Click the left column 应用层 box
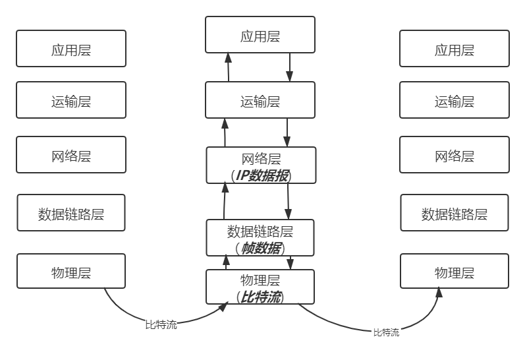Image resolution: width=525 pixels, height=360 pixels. tap(71, 48)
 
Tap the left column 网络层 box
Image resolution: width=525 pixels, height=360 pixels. tap(71, 156)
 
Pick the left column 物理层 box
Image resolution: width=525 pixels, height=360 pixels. tap(71, 272)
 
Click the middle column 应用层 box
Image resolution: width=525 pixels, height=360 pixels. tap(260, 35)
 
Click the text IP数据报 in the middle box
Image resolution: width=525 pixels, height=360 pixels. tap(262, 176)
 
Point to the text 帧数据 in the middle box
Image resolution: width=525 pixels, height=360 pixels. tap(262, 248)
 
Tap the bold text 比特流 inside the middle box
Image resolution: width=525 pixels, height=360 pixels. tap(262, 297)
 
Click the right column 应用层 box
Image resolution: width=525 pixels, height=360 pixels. tap(455, 49)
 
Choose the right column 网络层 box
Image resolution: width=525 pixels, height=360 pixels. tap(455, 156)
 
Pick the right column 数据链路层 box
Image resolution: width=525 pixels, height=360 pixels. tap(455, 214)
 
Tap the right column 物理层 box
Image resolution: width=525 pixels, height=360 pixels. tap(455, 272)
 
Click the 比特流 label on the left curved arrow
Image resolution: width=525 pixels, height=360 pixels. tap(161, 324)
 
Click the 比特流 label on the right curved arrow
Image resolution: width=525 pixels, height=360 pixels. tap(386, 332)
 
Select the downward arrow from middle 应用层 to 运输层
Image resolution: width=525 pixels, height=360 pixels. tap(289, 68)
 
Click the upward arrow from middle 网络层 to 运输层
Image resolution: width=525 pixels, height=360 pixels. tap(225, 133)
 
